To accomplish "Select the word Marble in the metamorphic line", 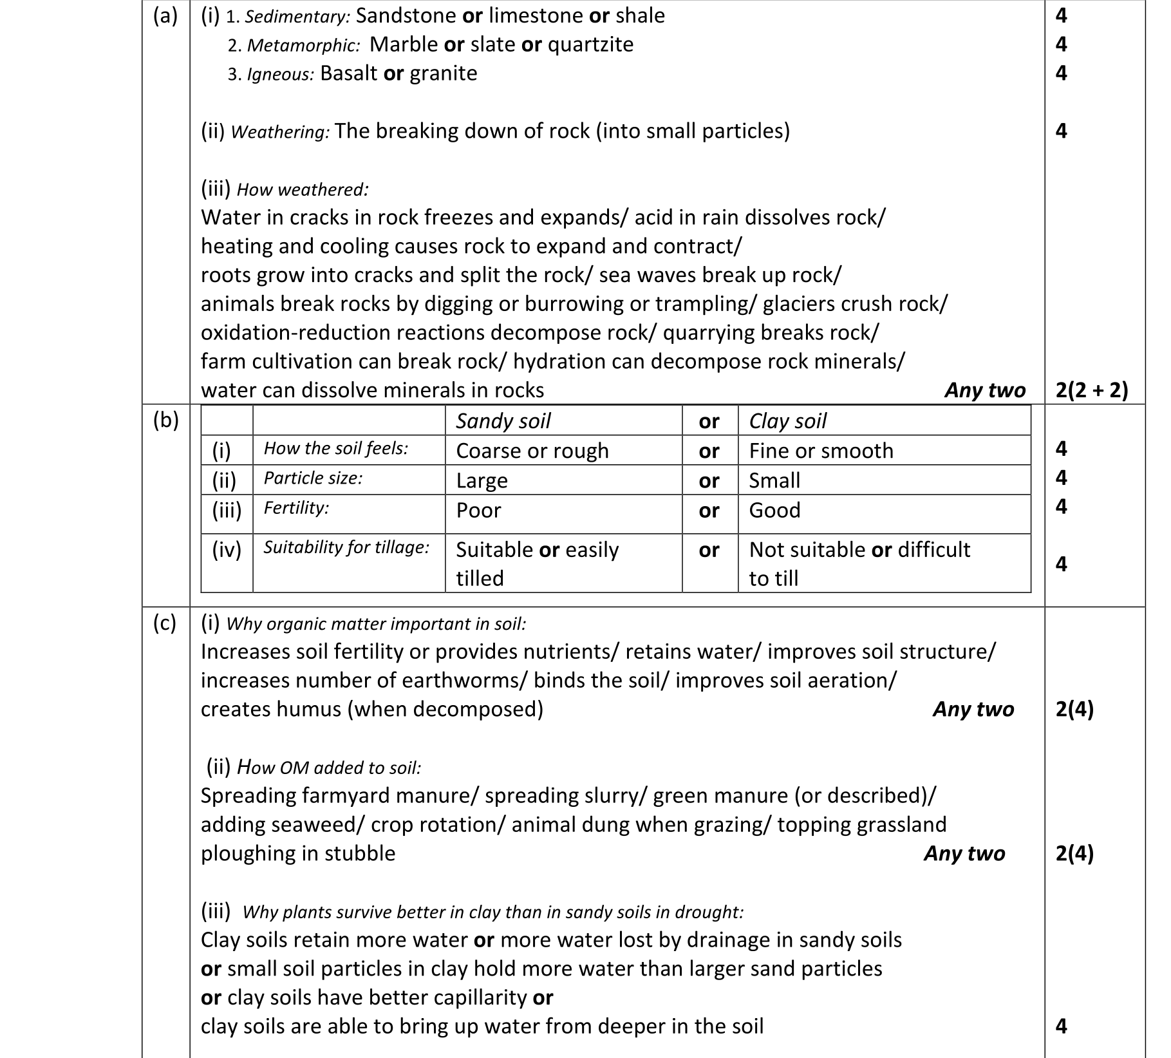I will [x=404, y=44].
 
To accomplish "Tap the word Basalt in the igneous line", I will [x=348, y=73].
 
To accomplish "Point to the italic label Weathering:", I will [x=280, y=132].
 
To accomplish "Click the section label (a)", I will [x=165, y=16].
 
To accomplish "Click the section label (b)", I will [x=165, y=420].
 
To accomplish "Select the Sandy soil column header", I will [x=503, y=421].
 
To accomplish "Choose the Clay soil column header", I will [x=787, y=421].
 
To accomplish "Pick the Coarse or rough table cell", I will [x=532, y=451].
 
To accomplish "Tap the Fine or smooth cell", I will [x=821, y=451].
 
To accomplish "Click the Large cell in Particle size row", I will [x=482, y=480].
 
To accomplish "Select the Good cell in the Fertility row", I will [x=774, y=510].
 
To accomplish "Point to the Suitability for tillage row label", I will [x=346, y=547].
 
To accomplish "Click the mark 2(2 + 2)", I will [x=1092, y=390].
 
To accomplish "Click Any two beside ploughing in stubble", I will [x=964, y=854].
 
